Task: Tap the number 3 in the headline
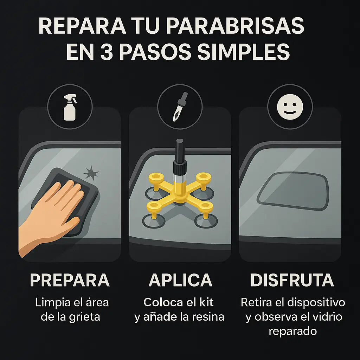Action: (107, 52)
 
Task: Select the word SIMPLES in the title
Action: (243, 52)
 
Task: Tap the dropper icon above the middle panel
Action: (180, 107)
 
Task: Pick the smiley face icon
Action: (290, 107)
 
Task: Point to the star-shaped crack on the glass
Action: (91, 173)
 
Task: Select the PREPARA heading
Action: (70, 280)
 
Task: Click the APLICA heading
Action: (180, 280)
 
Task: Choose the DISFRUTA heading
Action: (292, 280)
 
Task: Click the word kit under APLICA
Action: (206, 302)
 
